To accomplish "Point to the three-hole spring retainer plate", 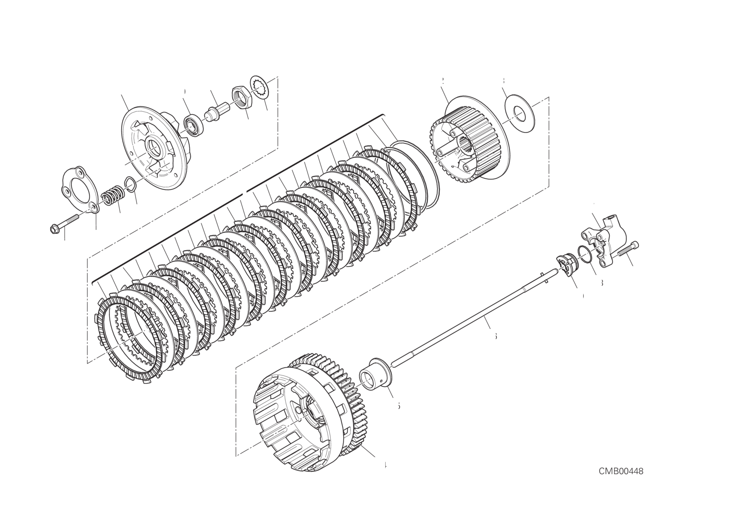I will click(x=79, y=189).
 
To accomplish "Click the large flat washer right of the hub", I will click(x=519, y=113).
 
